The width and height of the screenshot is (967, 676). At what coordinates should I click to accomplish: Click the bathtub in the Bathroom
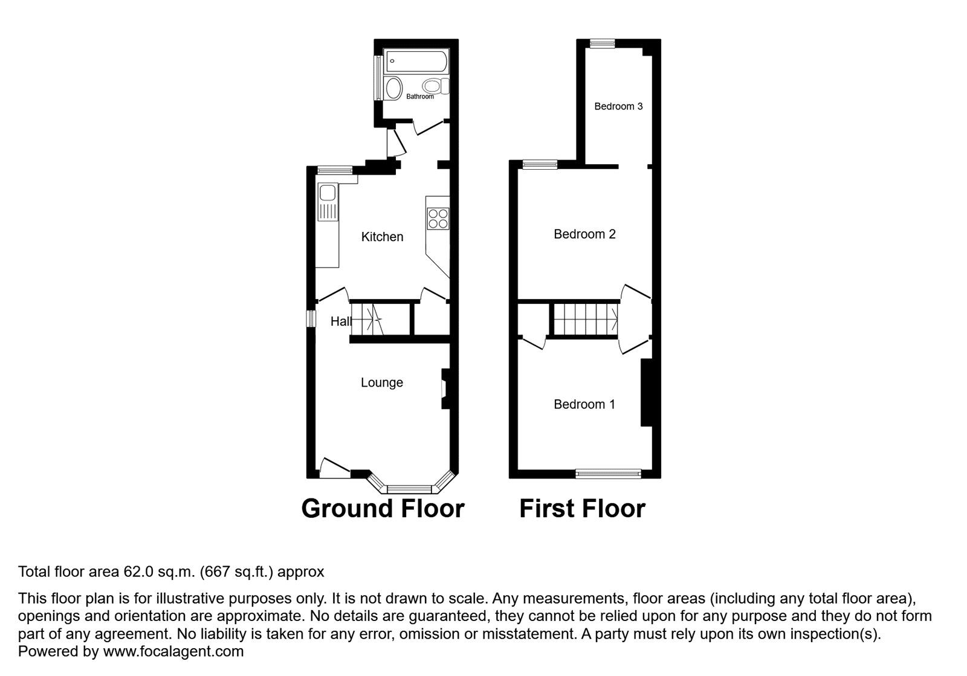[x=416, y=61]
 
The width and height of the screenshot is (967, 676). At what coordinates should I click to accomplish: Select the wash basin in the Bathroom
[x=393, y=89]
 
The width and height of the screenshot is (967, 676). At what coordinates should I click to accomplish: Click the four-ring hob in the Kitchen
[x=438, y=218]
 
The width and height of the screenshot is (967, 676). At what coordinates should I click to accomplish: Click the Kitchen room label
[x=382, y=237]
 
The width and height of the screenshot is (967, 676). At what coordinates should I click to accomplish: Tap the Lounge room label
[x=381, y=382]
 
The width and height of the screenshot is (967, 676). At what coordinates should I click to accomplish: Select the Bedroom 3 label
[x=618, y=106]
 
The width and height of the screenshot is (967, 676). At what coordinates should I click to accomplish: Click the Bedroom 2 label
[x=584, y=234]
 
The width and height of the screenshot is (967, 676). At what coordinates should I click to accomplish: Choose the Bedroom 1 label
[x=584, y=404]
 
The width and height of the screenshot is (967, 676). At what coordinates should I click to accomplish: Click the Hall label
[x=340, y=321]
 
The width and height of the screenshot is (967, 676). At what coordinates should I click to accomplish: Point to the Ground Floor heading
[x=383, y=509]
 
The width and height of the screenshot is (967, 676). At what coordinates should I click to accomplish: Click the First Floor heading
[x=582, y=509]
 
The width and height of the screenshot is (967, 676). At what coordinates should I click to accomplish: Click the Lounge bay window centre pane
[x=409, y=488]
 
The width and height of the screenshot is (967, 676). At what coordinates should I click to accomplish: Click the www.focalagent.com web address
[x=173, y=652]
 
